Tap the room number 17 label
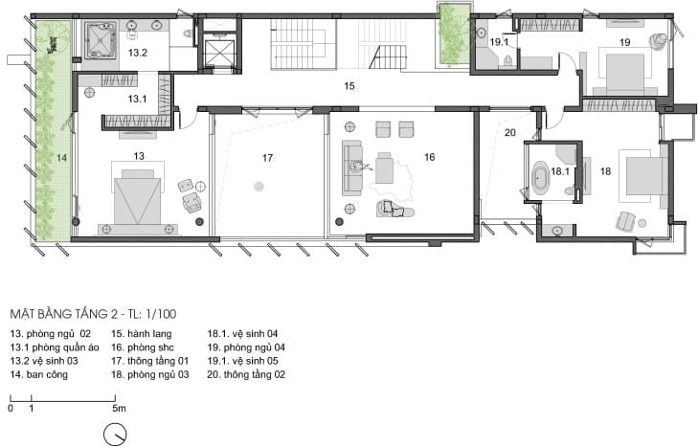click(267, 158)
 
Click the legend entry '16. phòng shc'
click(143, 347)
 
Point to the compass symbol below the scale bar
click(115, 434)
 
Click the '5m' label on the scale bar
click(119, 408)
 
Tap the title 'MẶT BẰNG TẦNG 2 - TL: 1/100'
click(93, 314)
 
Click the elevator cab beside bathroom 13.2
click(219, 53)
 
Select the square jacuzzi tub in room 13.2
click(101, 40)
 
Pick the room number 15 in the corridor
click(349, 86)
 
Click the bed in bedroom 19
click(625, 73)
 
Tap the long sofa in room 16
click(352, 168)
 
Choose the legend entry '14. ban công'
click(39, 374)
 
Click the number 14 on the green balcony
click(61, 158)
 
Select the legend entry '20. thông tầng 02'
click(246, 374)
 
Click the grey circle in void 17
click(259, 186)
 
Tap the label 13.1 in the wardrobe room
click(137, 99)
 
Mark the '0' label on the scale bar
click(11, 408)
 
